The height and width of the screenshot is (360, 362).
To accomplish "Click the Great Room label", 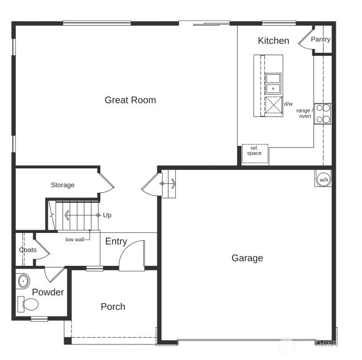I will pyautogui.click(x=130, y=100).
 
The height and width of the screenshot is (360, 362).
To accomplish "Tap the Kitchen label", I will pyautogui.click(x=273, y=41).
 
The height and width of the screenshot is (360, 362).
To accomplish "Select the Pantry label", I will pyautogui.click(x=321, y=40).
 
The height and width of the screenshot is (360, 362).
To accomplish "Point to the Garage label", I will pyautogui.click(x=247, y=258).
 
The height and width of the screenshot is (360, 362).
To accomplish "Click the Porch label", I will pyautogui.click(x=113, y=307).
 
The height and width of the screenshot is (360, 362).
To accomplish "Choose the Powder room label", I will pyautogui.click(x=48, y=292).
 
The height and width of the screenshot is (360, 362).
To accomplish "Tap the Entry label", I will pyautogui.click(x=116, y=241).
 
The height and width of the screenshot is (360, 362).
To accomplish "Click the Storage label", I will pyautogui.click(x=62, y=185).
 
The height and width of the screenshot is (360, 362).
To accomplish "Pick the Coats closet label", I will pyautogui.click(x=28, y=250).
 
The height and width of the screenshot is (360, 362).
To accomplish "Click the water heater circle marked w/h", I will pyautogui.click(x=324, y=179).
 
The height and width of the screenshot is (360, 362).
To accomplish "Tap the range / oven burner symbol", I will pyautogui.click(x=322, y=114).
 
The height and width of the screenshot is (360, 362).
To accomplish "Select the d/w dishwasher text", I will pyautogui.click(x=288, y=104).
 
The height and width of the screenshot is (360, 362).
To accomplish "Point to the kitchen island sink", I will pyautogui.click(x=273, y=83).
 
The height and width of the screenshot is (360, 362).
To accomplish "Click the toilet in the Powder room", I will pyautogui.click(x=29, y=304).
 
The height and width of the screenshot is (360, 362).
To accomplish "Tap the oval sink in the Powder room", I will pyautogui.click(x=23, y=280).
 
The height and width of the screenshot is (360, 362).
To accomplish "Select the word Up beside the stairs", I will pyautogui.click(x=107, y=215).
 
